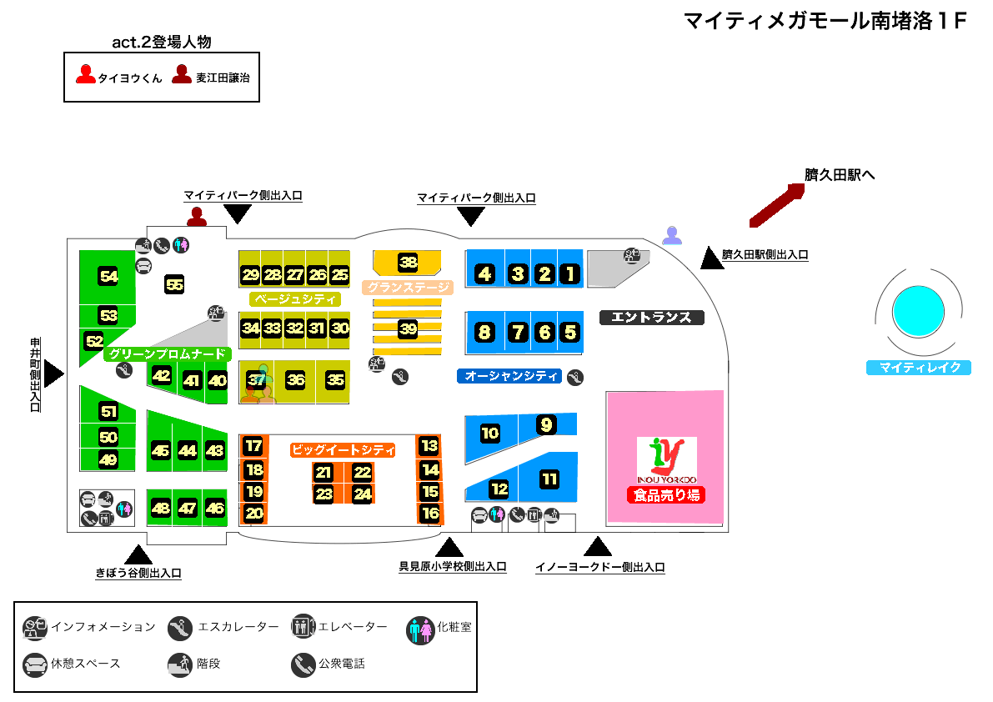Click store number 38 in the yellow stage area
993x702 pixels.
coord(408,263)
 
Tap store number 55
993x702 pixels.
coord(174,284)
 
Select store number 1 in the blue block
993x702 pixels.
coord(569,273)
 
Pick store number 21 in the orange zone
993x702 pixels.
coord(323,473)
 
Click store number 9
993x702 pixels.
coord(546,425)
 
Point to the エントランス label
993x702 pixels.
coord(652,318)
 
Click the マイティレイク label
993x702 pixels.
coord(919,368)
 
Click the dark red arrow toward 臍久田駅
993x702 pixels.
coord(776,205)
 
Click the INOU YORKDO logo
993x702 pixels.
coord(666,459)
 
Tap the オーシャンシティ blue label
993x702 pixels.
coord(511,376)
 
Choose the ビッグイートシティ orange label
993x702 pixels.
coord(342,450)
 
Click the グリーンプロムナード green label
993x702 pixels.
coord(167,354)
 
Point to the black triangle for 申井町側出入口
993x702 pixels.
coord(53,373)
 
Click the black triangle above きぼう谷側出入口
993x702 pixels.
coord(138,554)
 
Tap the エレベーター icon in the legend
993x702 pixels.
coord(303,627)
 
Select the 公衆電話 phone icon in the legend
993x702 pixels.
coord(303,664)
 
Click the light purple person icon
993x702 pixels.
coord(672,236)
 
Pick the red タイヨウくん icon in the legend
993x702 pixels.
coord(86,75)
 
